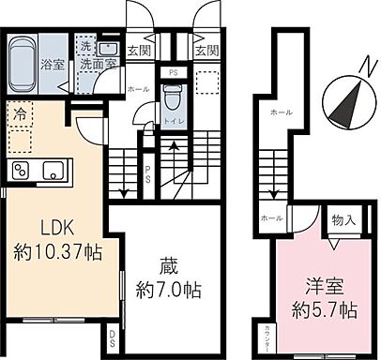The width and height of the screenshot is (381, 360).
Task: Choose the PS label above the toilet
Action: [172, 72]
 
